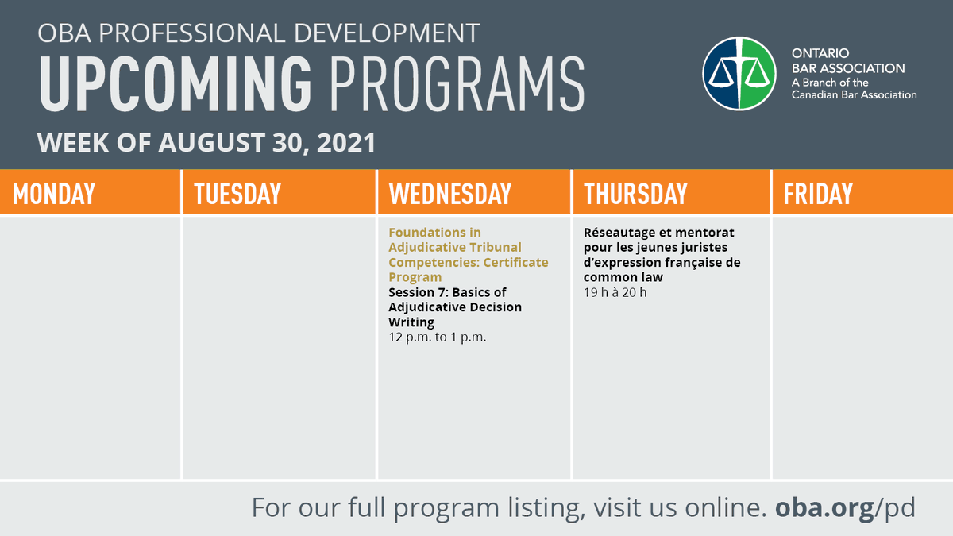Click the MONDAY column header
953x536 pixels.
54,194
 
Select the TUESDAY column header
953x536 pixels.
237,194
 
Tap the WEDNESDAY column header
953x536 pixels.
450,194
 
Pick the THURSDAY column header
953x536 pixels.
635,194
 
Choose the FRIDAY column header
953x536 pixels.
818,194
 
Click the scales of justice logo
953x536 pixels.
739,73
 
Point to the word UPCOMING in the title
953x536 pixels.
176,83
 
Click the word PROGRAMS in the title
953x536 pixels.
457,83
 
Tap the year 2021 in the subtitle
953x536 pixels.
346,143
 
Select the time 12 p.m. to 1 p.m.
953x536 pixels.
437,337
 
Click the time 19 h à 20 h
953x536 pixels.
615,292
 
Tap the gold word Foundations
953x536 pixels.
426,233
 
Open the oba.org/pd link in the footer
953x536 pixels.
845,507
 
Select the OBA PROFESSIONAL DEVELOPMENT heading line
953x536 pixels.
259,33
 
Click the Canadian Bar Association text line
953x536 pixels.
854,94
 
